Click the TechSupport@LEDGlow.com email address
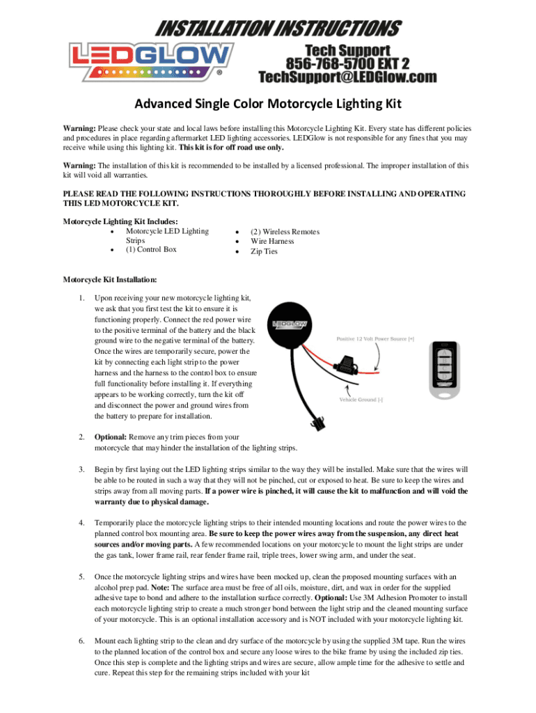point(347,76)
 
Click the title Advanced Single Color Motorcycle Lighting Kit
point(268,104)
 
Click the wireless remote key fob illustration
point(443,370)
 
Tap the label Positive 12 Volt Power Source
point(375,339)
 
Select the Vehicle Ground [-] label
point(361,400)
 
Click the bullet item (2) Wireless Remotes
point(285,231)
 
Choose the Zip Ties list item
point(264,251)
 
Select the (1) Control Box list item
point(151,249)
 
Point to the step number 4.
point(81,522)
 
